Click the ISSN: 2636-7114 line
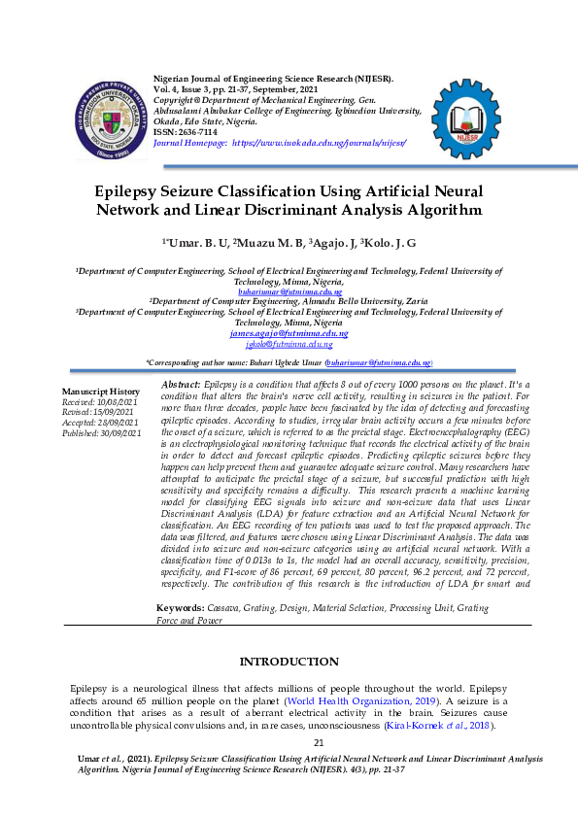(188, 132)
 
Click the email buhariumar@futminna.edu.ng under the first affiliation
(289, 291)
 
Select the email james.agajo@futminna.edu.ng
(289, 333)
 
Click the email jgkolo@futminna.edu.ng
(289, 344)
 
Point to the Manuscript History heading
(101, 391)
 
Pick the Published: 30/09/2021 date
(102, 432)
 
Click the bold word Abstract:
(180, 386)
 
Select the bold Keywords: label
(181, 580)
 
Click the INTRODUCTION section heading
(289, 662)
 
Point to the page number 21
(289, 743)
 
